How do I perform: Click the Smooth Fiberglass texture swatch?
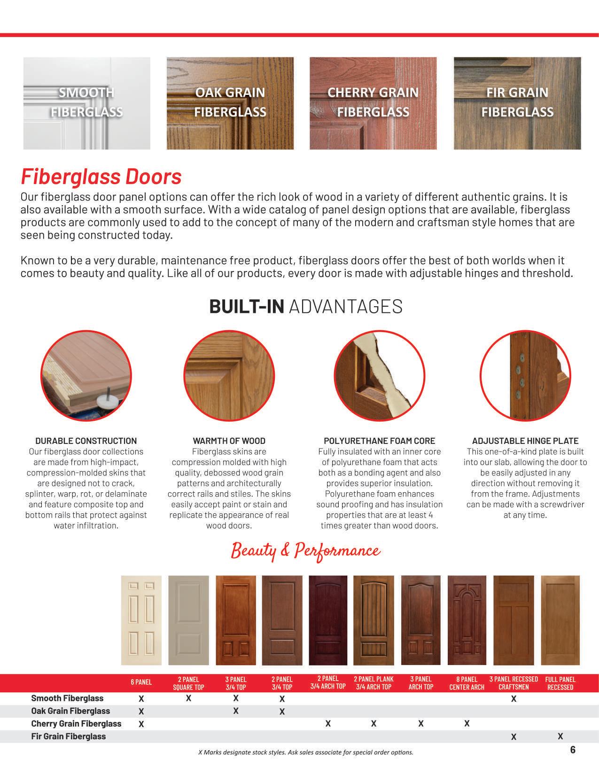click(x=87, y=103)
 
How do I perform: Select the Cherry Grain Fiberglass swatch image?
click(x=373, y=103)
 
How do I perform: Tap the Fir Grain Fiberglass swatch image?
click(x=517, y=103)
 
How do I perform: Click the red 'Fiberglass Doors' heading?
click(x=101, y=177)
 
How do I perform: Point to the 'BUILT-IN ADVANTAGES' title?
click(x=305, y=306)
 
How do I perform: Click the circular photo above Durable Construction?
click(x=86, y=375)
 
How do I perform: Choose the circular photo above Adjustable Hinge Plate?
click(x=525, y=375)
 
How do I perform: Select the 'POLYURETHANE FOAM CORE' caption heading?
click(x=379, y=441)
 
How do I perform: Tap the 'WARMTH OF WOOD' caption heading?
click(x=229, y=441)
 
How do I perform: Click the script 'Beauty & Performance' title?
click(x=305, y=550)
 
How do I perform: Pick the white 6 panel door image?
click(x=141, y=620)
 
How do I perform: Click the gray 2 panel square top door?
click(x=188, y=620)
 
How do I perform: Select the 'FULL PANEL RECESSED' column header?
click(x=560, y=683)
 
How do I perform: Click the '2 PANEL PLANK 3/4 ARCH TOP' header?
click(x=373, y=682)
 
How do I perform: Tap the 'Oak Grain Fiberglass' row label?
click(x=70, y=711)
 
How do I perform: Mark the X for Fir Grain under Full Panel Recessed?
click(x=560, y=736)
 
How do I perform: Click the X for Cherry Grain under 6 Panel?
click(x=141, y=724)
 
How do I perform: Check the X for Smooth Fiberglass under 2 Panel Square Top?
click(x=188, y=698)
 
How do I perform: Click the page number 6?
click(x=573, y=750)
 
